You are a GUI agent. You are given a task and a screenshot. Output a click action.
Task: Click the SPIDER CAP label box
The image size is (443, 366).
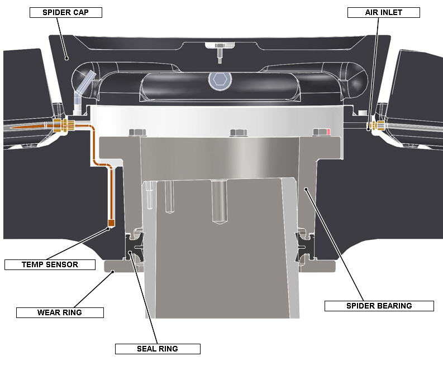tap(66, 12)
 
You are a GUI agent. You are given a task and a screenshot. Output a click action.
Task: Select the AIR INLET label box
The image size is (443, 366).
tap(383, 12)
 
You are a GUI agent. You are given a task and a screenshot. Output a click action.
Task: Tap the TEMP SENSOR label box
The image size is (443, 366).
tap(50, 264)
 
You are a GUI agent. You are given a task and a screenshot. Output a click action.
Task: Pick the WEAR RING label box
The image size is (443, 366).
tap(60, 312)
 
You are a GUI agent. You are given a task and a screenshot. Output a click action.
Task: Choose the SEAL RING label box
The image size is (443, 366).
tap(158, 349)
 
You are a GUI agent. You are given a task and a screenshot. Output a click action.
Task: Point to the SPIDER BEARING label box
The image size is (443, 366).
tap(379, 306)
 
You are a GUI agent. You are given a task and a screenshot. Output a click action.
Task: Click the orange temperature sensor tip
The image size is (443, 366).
tap(111, 223)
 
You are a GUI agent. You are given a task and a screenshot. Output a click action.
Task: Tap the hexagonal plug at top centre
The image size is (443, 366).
tap(220, 80)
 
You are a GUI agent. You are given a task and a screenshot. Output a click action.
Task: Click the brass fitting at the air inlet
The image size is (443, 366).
tap(376, 126)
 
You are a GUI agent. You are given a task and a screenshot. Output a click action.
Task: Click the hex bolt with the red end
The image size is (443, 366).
tap(322, 132)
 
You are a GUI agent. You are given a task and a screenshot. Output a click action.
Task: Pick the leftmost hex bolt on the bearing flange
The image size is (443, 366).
tap(137, 132)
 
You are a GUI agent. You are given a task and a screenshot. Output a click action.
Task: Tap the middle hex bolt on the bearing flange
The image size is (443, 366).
tap(239, 132)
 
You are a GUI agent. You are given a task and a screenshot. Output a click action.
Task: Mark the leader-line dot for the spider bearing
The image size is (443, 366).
tap(306, 189)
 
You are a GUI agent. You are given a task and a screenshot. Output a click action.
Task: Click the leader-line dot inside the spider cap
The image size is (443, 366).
tap(66, 59)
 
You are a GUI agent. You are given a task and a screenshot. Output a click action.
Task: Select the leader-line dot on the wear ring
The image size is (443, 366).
tap(113, 272)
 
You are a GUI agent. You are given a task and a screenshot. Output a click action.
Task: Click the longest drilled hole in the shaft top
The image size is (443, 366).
tap(219, 202)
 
